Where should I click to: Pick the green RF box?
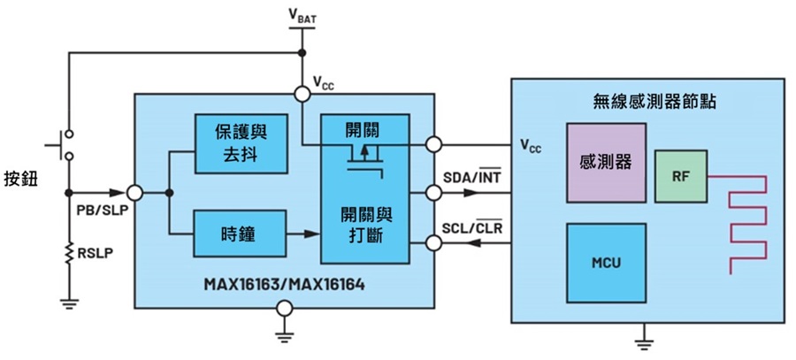pos(681,176)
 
